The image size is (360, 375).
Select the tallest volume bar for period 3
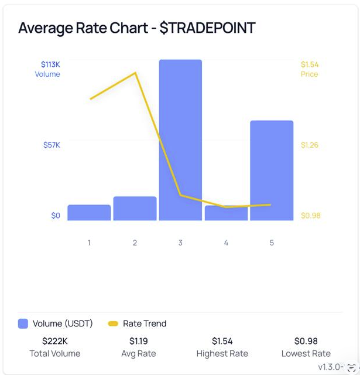tap(180, 141)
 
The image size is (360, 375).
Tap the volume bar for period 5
tap(272, 171)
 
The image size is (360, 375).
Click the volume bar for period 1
tap(89, 213)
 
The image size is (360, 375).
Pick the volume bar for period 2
tap(135, 209)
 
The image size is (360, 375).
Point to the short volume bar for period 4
tap(226, 213)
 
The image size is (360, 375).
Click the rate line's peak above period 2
tap(136, 73)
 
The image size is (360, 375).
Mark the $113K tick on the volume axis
tap(50, 64)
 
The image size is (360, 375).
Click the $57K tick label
tap(52, 145)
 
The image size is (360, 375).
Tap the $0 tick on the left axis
tap(55, 216)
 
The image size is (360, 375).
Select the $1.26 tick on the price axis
tap(310, 145)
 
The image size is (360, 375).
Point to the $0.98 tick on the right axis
tap(310, 216)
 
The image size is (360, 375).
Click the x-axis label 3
tap(180, 243)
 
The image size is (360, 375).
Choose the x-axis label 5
tap(272, 243)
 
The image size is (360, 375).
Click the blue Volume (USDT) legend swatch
tap(23, 323)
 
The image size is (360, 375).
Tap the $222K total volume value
tap(54, 341)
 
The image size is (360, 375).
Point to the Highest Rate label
tap(222, 354)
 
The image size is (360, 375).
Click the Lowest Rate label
tap(306, 354)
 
